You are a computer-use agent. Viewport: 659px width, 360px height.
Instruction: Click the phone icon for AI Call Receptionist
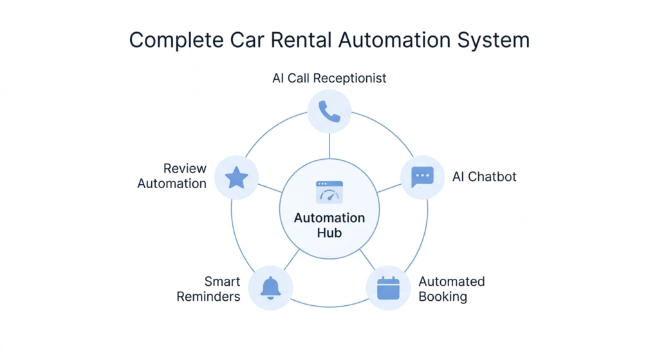pos(329,111)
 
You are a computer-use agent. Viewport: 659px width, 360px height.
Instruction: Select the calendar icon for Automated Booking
pos(388,288)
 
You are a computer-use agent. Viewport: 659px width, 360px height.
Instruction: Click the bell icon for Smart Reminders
pos(270,288)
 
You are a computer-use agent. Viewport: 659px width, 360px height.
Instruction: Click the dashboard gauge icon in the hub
pos(329,193)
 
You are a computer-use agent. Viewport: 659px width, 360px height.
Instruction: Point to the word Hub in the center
pos(329,233)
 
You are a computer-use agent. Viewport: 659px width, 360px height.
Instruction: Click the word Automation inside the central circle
pos(329,218)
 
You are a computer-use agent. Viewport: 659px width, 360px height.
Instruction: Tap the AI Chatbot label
pos(485,176)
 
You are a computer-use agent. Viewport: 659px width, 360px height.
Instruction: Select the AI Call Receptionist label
pos(329,78)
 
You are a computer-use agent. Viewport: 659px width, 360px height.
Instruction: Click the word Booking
pos(443,297)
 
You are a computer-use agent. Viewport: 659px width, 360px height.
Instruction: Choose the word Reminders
pos(209,297)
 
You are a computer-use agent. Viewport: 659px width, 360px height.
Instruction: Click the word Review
pos(185,169)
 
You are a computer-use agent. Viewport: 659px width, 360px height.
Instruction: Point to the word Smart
pos(222,281)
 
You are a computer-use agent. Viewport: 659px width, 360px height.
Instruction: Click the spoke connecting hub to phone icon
pos(329,146)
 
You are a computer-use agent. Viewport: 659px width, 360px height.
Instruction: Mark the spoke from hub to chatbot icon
pos(389,188)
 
